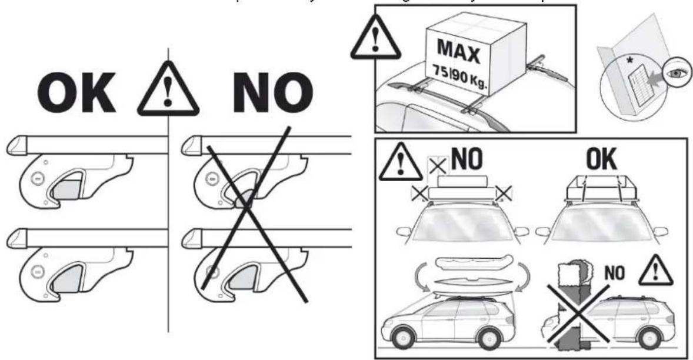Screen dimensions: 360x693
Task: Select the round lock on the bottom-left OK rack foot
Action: (37, 272)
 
